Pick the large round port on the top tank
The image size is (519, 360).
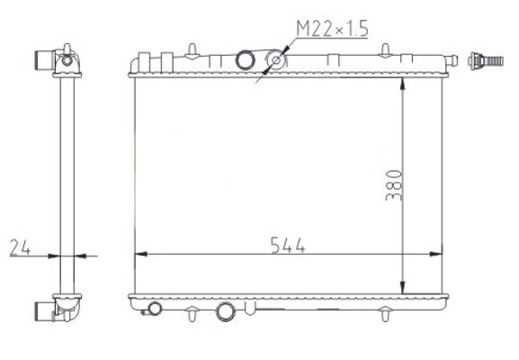(246, 61)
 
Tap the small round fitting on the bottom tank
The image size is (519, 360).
(155, 309)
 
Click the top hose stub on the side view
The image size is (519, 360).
(44, 60)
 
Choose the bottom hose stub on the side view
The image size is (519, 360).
(44, 310)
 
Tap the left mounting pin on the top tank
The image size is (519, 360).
(194, 46)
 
